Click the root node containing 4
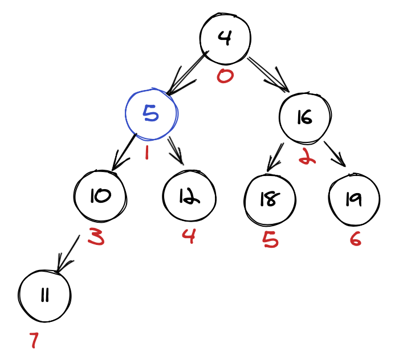[225, 39]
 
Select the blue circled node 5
[151, 114]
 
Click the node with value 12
[189, 196]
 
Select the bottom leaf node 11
[44, 296]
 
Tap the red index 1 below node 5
[146, 152]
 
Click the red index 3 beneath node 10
[96, 237]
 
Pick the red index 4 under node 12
[188, 235]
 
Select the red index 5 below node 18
[270, 240]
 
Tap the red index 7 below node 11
[34, 341]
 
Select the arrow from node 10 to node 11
[68, 252]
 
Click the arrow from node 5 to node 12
[176, 151]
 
